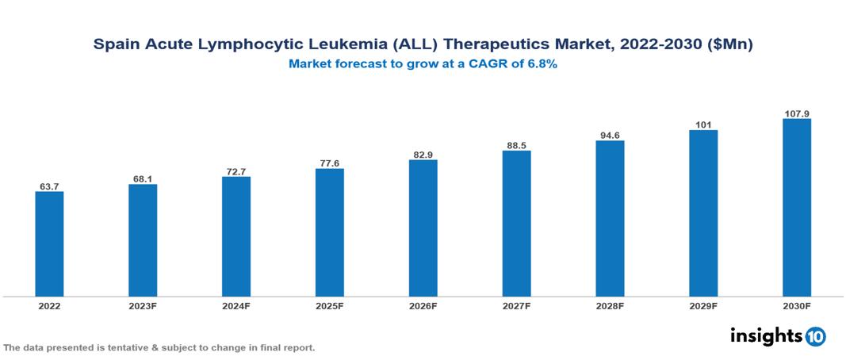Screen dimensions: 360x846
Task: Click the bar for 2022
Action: [x=49, y=243]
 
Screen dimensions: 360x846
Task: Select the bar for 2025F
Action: [x=330, y=232]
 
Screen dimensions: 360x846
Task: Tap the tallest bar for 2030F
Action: [x=797, y=208]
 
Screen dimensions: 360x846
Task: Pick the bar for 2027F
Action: [x=516, y=224]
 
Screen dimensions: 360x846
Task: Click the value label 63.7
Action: [x=49, y=186]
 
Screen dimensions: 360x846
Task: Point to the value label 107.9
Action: [x=797, y=113]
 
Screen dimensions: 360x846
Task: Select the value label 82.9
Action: [x=423, y=154]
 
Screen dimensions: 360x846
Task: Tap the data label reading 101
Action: [x=703, y=124]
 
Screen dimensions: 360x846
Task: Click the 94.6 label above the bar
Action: [x=610, y=135]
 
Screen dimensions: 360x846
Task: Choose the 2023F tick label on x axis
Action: [x=143, y=305]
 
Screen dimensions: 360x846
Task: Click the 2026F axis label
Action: [x=423, y=305]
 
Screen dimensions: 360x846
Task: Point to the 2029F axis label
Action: [x=703, y=305]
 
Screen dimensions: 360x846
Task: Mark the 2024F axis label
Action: [x=236, y=305]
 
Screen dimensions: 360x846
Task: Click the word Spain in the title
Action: [x=116, y=45]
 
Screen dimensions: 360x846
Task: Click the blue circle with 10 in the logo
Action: [x=815, y=336]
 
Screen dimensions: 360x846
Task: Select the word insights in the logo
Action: [x=765, y=335]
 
